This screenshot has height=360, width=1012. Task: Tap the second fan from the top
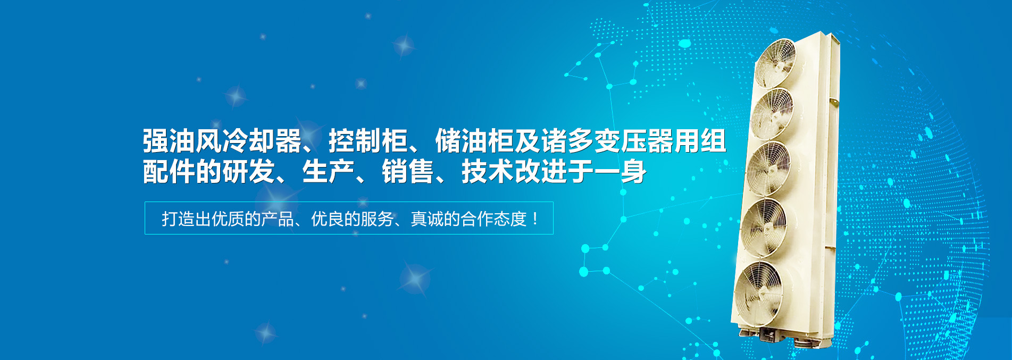(x=772, y=114)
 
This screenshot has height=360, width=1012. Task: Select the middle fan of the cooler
(x=768, y=169)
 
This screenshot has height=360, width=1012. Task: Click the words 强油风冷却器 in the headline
(x=222, y=141)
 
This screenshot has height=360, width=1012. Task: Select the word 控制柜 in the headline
(x=368, y=141)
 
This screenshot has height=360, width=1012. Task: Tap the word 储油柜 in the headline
(x=474, y=141)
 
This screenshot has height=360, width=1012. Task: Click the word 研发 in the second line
(x=249, y=172)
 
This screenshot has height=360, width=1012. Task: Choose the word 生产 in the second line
(x=329, y=172)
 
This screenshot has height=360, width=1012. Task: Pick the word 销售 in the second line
(x=408, y=172)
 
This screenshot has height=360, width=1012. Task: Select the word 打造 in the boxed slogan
(x=178, y=219)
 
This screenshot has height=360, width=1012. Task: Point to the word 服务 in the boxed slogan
(x=377, y=219)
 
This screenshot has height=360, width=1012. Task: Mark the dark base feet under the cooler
(x=782, y=338)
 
